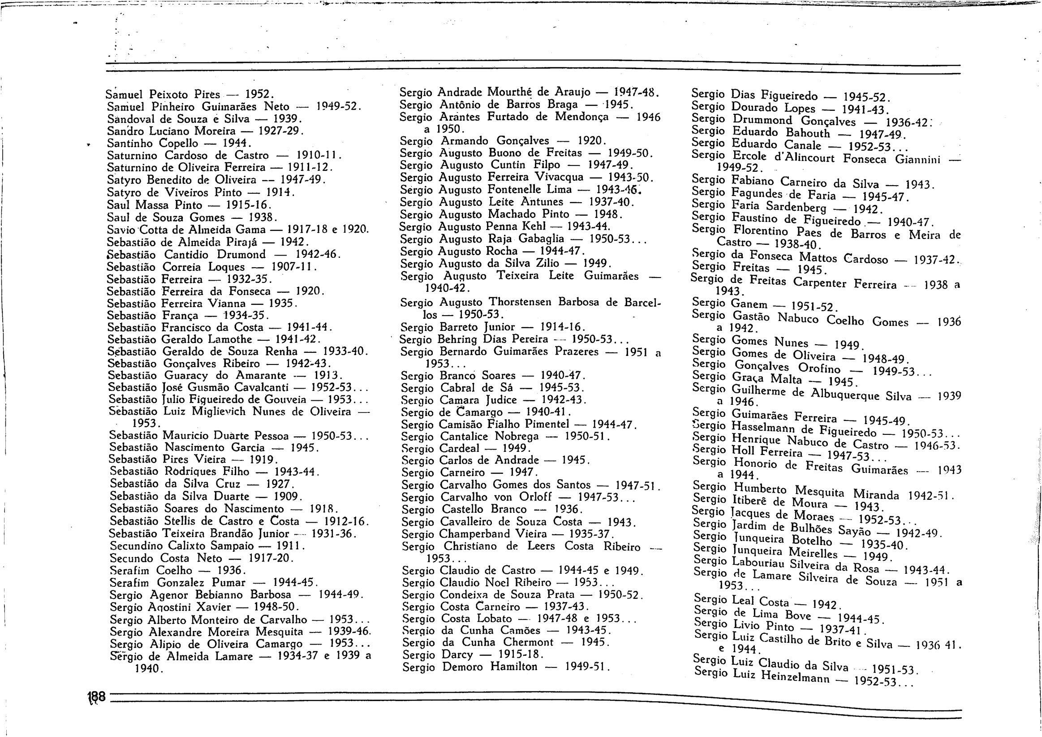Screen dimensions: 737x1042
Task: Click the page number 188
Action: click(x=96, y=696)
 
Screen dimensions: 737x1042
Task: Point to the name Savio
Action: click(x=120, y=230)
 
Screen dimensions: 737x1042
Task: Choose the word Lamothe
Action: click(x=230, y=339)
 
